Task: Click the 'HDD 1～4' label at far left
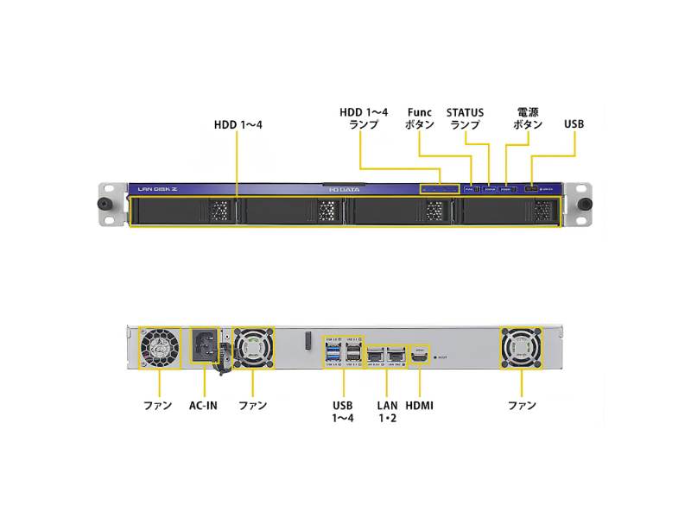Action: pos(238,124)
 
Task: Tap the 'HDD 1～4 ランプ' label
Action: pos(364,118)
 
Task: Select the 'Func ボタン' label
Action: pos(420,118)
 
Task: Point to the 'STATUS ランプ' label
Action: pos(465,118)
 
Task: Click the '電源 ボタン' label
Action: pos(528,118)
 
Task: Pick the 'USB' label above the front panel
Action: pos(574,124)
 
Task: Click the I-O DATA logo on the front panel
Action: pos(345,188)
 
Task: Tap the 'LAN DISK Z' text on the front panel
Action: pos(157,188)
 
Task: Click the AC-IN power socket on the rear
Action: pos(206,345)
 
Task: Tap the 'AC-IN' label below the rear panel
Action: pos(204,405)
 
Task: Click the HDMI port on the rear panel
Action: pos(419,355)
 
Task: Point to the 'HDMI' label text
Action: pos(419,405)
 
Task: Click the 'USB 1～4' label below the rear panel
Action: pos(343,411)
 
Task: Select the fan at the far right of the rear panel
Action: pos(522,347)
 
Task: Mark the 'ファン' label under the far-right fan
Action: pos(522,405)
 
